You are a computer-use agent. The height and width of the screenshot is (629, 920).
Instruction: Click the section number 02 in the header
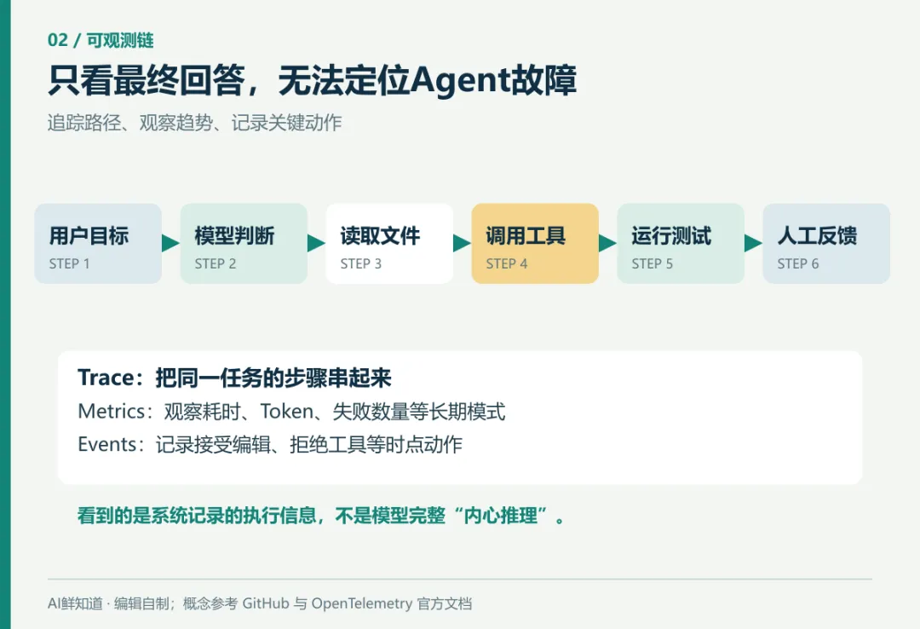coord(58,40)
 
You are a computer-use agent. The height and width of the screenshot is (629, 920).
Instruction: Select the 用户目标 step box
coord(98,244)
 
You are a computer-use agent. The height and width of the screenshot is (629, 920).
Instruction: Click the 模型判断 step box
coord(244,244)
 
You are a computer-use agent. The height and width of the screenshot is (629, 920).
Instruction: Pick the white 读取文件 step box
coord(389,244)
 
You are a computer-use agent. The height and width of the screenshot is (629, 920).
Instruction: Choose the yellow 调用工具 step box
coord(535,244)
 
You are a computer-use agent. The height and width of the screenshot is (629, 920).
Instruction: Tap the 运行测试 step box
coord(681,244)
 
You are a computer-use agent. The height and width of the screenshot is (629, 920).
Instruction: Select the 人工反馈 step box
coord(826,244)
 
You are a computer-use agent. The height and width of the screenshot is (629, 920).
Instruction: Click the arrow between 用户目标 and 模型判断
coord(170,243)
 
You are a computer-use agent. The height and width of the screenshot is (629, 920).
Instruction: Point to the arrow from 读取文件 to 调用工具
coord(462,243)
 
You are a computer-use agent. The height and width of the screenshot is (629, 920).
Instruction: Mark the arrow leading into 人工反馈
coord(753,243)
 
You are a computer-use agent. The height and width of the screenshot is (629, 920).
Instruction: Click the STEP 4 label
coord(506,264)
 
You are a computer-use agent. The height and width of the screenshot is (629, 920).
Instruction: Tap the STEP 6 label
coord(798,264)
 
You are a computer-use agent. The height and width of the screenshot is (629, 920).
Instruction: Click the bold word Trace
coord(106,378)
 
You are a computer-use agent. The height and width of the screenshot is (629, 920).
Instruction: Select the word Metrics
coord(111,411)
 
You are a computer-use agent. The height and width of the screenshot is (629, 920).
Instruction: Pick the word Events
coord(107,445)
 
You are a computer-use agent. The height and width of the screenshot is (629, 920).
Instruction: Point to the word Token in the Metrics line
coord(286,411)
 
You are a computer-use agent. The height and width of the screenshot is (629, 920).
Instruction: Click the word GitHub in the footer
coord(266,603)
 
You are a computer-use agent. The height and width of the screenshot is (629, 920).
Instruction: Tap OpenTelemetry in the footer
coord(362,603)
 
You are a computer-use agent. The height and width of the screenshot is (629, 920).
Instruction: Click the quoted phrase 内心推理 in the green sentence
coord(501,516)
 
